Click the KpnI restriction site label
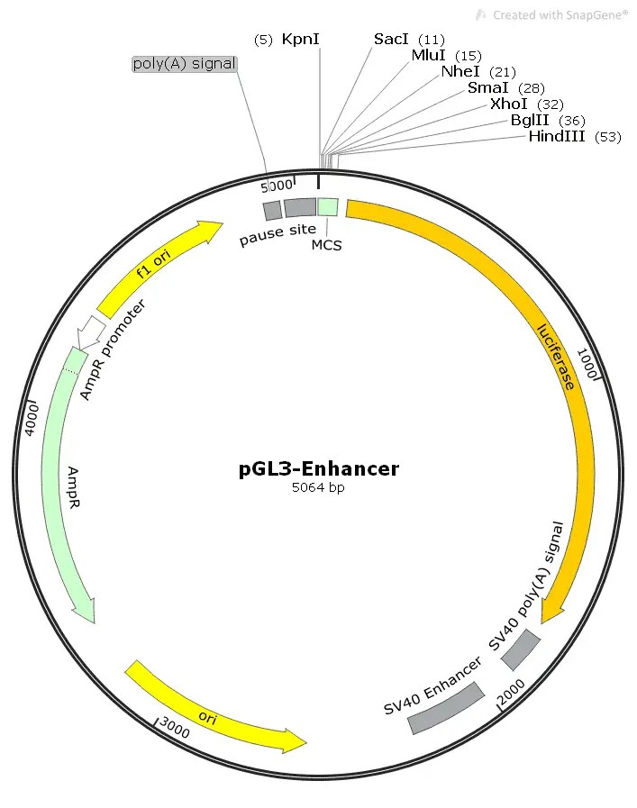coord(301,39)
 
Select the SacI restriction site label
coord(392,39)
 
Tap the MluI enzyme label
coord(429,55)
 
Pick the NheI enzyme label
coord(460,71)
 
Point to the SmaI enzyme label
coord(488,87)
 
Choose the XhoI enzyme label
coord(510,104)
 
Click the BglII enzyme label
coord(531,120)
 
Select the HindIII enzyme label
coord(557,136)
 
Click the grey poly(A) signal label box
coord(184,63)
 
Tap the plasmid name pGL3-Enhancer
coord(319,468)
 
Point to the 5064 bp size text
coord(318,488)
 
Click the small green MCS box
coord(328,207)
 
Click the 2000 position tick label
coord(511,691)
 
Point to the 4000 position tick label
coord(31,418)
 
